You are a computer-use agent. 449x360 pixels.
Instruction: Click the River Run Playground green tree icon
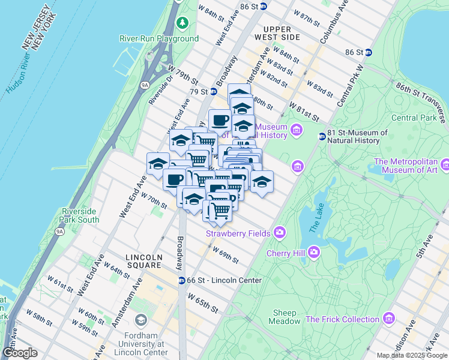(182, 23)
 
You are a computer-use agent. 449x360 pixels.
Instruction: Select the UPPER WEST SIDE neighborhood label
(277, 33)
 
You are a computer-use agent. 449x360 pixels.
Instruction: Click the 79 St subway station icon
(213, 92)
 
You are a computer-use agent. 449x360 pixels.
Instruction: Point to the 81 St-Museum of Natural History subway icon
(322, 136)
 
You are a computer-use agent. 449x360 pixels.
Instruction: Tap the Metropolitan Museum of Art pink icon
(445, 164)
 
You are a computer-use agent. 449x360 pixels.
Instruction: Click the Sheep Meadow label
(285, 317)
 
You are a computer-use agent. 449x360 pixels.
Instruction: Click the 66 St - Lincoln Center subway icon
(181, 280)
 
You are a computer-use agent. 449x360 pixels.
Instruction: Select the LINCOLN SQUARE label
(144, 261)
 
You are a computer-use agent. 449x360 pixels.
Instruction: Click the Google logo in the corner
(20, 352)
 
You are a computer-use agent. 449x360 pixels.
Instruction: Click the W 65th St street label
(203, 302)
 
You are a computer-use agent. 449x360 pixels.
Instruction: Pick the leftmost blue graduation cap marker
(158, 163)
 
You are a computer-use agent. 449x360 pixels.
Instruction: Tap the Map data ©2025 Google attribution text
(412, 355)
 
